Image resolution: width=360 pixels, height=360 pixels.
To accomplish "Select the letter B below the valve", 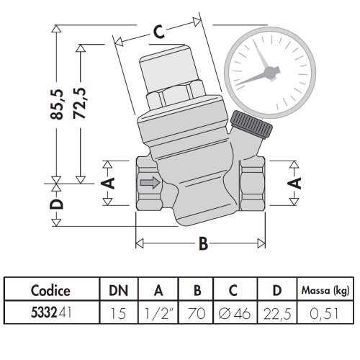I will (203, 245).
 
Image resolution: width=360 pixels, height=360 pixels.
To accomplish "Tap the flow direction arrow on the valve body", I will (149, 183).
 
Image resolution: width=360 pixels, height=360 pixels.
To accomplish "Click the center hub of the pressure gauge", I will (271, 71).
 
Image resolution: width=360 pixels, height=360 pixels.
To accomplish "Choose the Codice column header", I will (50, 291).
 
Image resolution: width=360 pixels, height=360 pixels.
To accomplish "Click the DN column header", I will (120, 291).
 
